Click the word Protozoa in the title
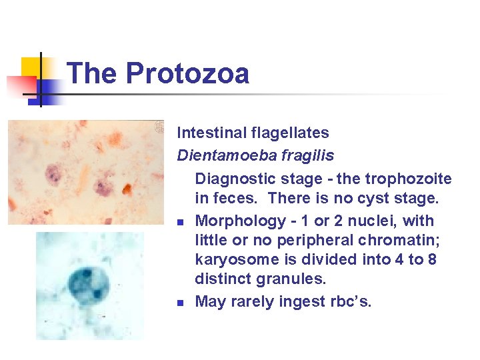[187, 73]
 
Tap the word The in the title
[93, 73]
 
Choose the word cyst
[367, 199]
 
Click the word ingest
[316, 301]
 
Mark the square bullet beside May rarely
[181, 303]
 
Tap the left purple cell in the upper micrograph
[53, 177]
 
